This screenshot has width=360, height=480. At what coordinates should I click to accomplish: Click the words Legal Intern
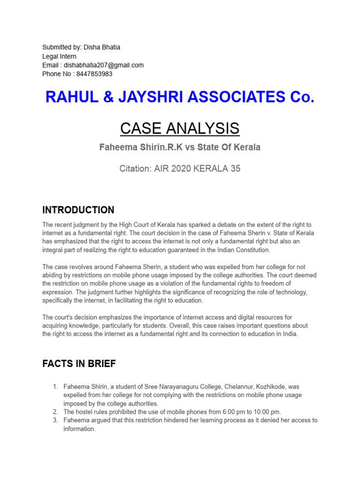click(60, 56)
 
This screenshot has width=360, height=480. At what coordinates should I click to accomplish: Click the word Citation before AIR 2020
click(135, 169)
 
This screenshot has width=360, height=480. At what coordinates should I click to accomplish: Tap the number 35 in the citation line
click(234, 169)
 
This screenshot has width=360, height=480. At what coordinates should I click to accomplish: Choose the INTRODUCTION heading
click(78, 210)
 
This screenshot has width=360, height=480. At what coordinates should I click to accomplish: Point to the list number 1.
click(55, 387)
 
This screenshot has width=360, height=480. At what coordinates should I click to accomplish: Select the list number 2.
click(55, 412)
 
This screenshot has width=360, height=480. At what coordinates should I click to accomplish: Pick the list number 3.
click(55, 420)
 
